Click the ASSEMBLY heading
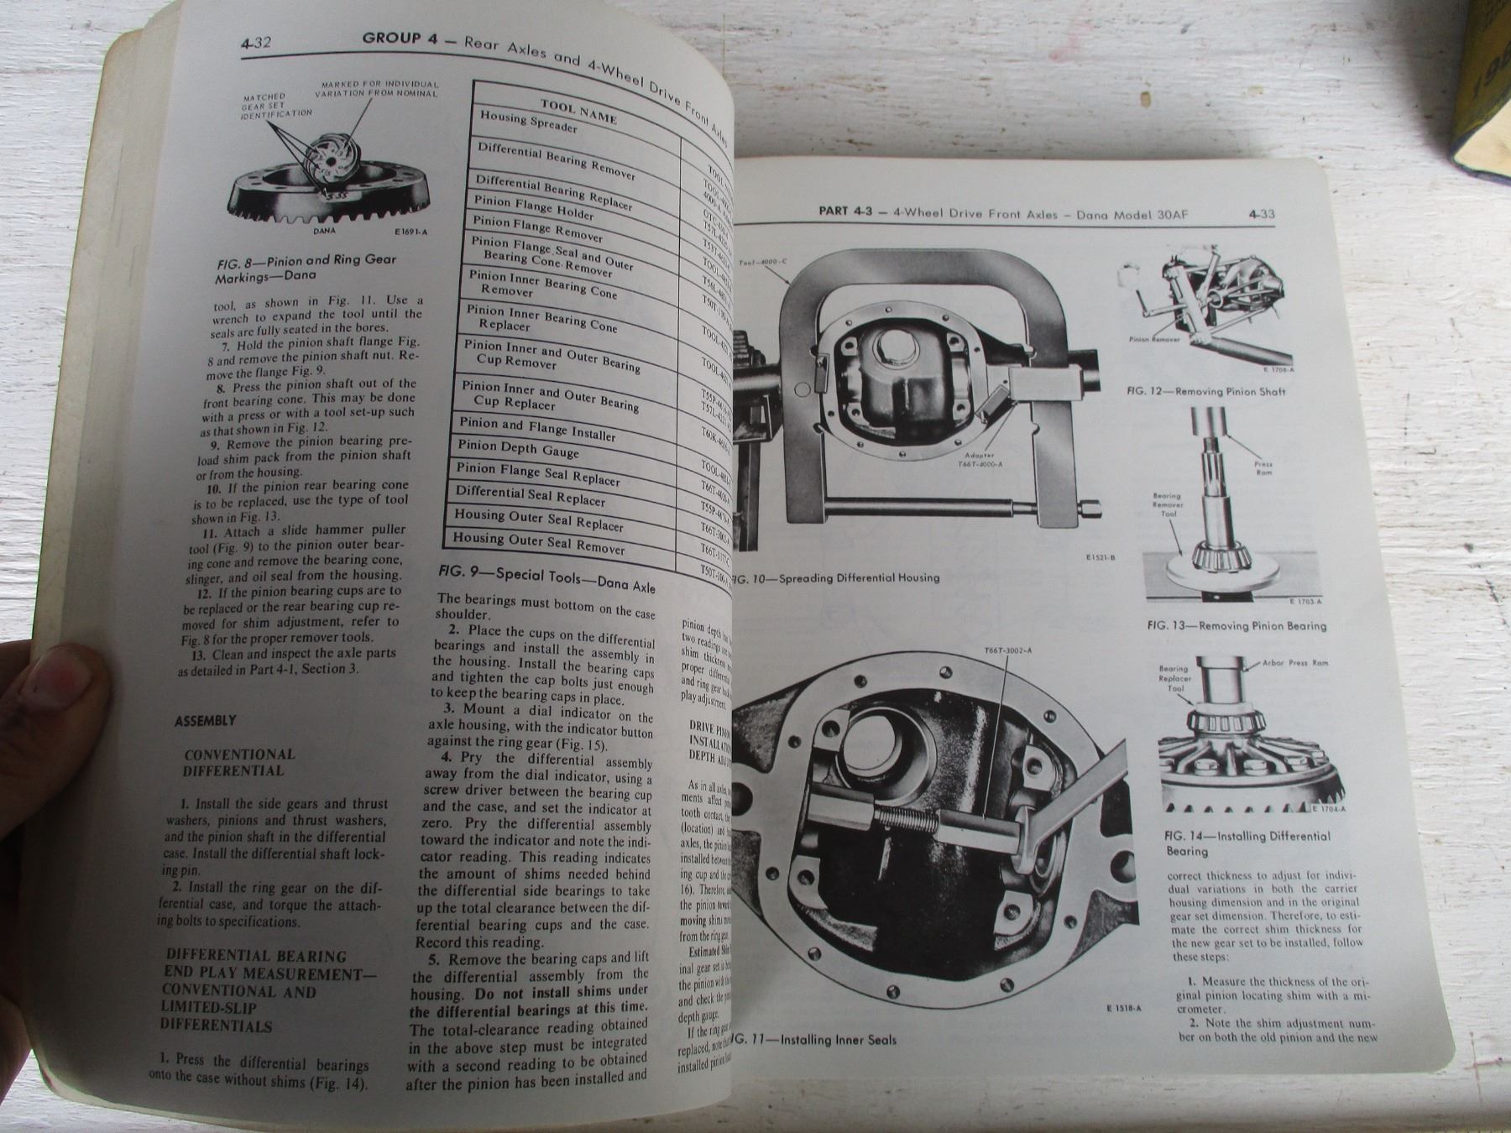click(x=205, y=721)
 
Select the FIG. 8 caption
click(x=306, y=268)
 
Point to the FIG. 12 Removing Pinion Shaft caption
click(x=1206, y=391)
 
